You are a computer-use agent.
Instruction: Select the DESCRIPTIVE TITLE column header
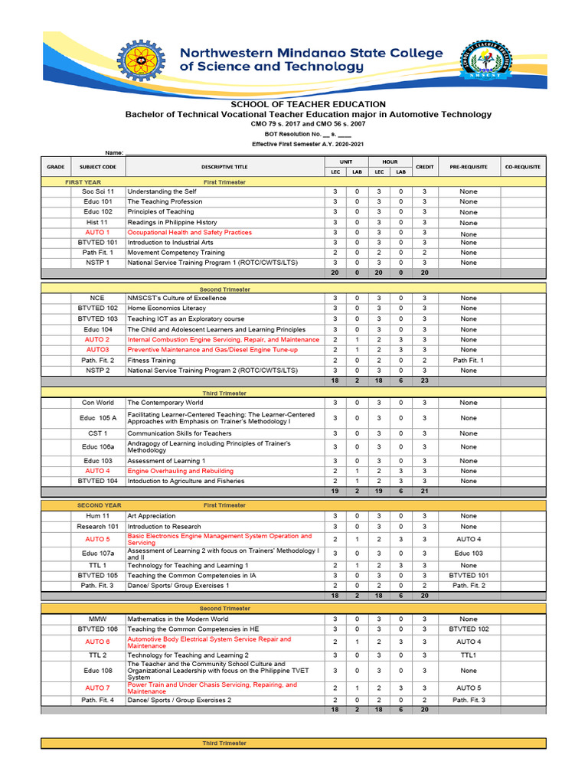(x=224, y=166)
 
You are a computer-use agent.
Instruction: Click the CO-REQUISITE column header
(x=522, y=166)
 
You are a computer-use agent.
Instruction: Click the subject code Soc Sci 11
(x=97, y=191)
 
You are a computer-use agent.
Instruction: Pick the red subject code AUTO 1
(x=97, y=232)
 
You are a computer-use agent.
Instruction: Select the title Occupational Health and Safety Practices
(x=189, y=232)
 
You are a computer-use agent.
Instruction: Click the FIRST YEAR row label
(x=83, y=182)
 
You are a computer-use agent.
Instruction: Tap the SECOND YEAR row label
(x=99, y=505)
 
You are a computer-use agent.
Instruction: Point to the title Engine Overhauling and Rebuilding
(x=181, y=471)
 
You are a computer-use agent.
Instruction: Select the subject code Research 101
(x=97, y=526)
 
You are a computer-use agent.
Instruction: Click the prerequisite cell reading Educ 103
(x=468, y=553)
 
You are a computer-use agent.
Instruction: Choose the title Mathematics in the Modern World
(x=178, y=619)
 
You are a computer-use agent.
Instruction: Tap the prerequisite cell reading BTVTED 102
(x=468, y=629)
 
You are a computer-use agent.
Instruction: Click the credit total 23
(x=424, y=381)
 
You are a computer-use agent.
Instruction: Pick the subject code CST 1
(x=97, y=433)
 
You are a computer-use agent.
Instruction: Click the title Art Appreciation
(x=152, y=516)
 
